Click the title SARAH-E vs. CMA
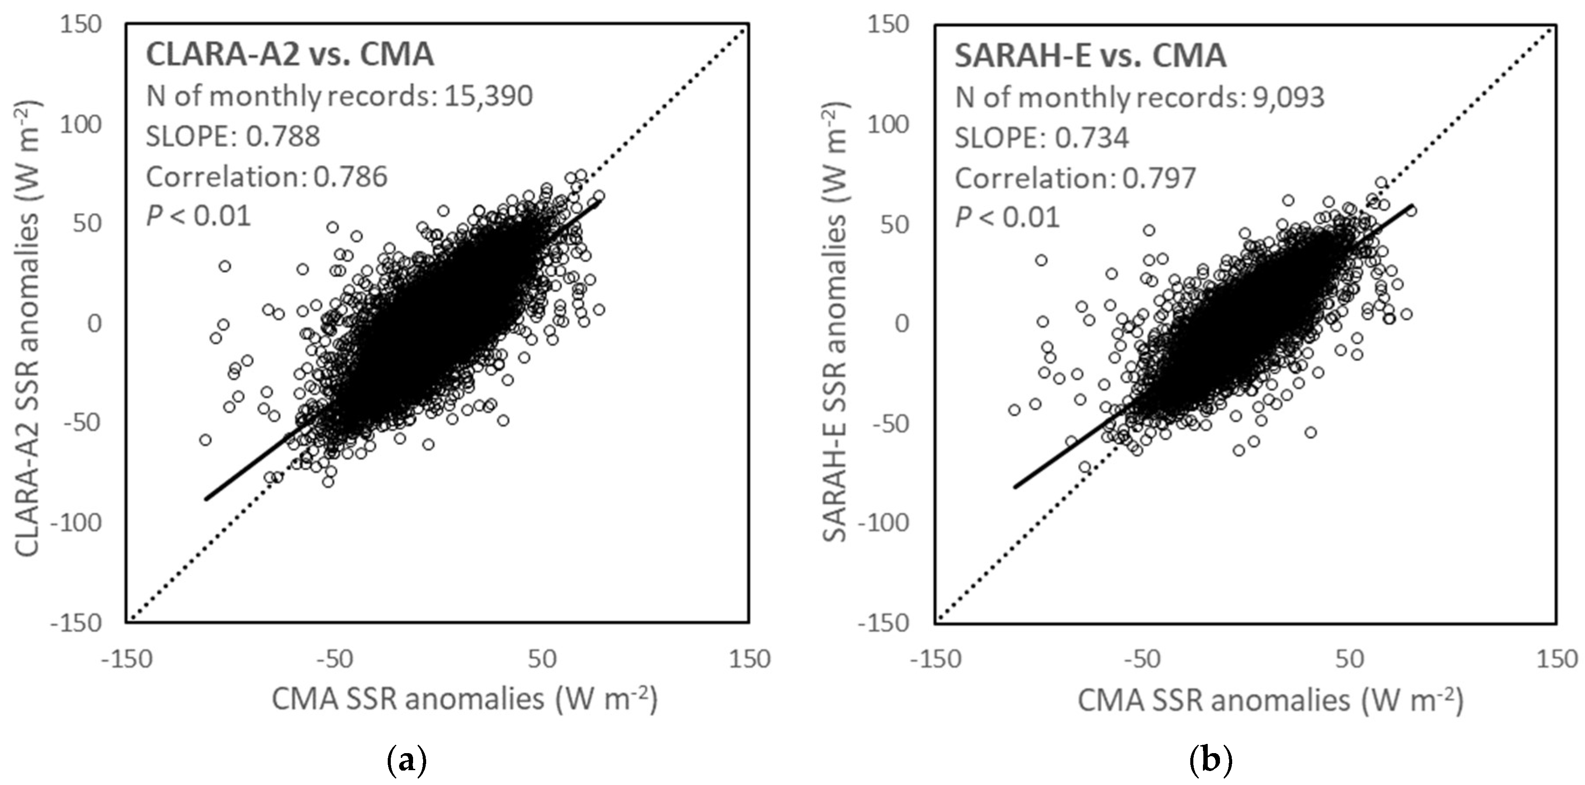coord(1090,56)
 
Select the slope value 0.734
coord(1092,137)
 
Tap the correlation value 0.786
coord(351,177)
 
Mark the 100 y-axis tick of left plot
coord(82,124)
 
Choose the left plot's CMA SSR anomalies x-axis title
coord(465,700)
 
